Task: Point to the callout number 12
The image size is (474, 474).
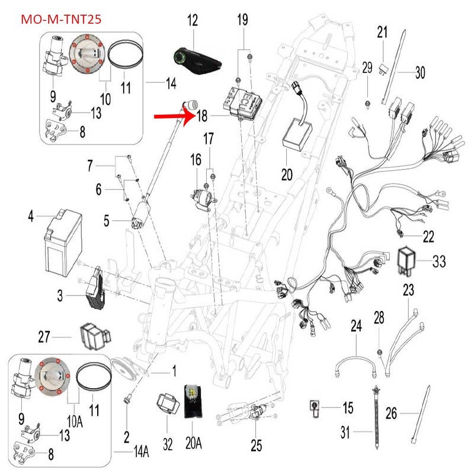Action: pyautogui.click(x=193, y=21)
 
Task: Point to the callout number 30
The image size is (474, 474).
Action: pyautogui.click(x=420, y=73)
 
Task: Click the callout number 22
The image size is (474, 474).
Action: pyautogui.click(x=428, y=237)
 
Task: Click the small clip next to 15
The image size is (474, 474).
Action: pyautogui.click(x=315, y=407)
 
